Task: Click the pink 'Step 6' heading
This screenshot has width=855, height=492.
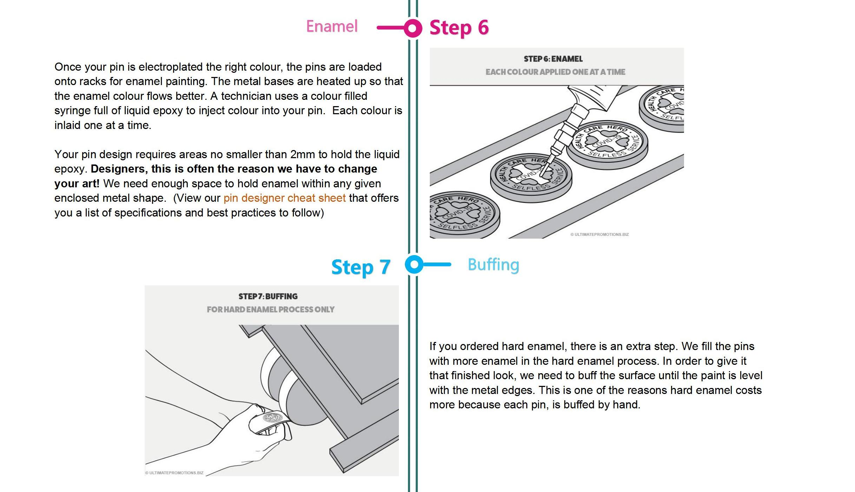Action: (x=459, y=28)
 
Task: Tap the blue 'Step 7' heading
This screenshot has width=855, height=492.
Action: (x=361, y=267)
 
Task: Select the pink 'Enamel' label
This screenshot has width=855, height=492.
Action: (x=332, y=26)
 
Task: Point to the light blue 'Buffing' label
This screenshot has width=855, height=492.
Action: (x=493, y=265)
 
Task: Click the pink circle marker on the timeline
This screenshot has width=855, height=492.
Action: (x=413, y=28)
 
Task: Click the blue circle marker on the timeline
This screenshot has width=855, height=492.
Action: (x=414, y=264)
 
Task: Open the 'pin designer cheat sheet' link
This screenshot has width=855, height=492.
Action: (x=284, y=198)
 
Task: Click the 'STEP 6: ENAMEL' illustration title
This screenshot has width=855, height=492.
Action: (x=553, y=59)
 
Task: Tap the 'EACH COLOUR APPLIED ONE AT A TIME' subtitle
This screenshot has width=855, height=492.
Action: (x=555, y=72)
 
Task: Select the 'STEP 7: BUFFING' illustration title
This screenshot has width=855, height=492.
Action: (x=268, y=297)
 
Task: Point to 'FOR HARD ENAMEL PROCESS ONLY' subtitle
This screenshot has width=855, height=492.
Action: (x=270, y=310)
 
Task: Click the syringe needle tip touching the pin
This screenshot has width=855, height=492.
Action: (x=541, y=175)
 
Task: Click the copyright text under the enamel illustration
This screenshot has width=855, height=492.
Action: (x=599, y=234)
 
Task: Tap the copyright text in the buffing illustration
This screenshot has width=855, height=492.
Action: (x=175, y=473)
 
